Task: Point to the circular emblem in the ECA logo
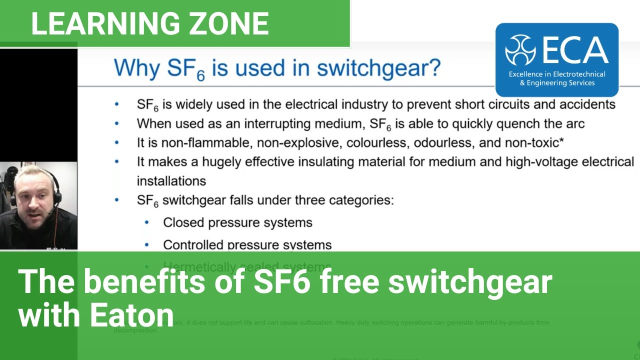tap(520, 50)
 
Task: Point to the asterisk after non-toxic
tap(561, 141)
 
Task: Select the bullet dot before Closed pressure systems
tap(146, 222)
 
